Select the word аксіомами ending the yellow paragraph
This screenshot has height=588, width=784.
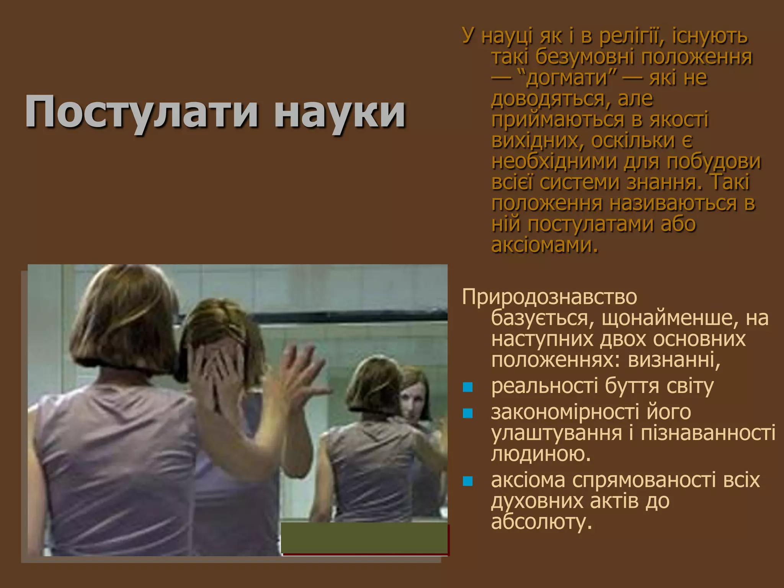click(544, 245)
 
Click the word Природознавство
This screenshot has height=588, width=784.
click(549, 297)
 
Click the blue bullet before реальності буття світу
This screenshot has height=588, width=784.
click(468, 387)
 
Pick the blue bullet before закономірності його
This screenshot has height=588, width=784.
click(468, 413)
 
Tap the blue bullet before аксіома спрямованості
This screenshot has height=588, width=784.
click(468, 481)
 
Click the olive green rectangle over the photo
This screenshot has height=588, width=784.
click(364, 538)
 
